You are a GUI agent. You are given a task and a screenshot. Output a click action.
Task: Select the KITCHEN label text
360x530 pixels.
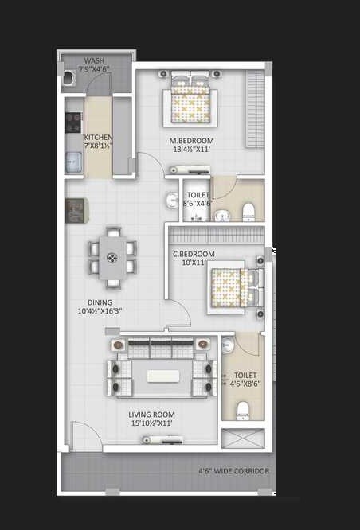coord(99,137)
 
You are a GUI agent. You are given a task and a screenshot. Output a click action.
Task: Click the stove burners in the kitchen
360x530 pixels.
coord(72,122)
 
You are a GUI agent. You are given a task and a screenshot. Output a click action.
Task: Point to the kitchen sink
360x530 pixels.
coord(72,162)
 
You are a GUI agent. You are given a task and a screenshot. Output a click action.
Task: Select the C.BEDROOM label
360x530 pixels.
coord(194,254)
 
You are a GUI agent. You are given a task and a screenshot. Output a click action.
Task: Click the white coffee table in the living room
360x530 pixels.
coord(162,376)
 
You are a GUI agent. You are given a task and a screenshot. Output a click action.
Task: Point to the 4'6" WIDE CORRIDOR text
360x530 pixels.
coord(234,471)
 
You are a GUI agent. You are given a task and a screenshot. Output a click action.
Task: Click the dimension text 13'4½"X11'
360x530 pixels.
coord(190,149)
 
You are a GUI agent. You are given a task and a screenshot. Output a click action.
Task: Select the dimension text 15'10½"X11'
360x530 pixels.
coord(151,423)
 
